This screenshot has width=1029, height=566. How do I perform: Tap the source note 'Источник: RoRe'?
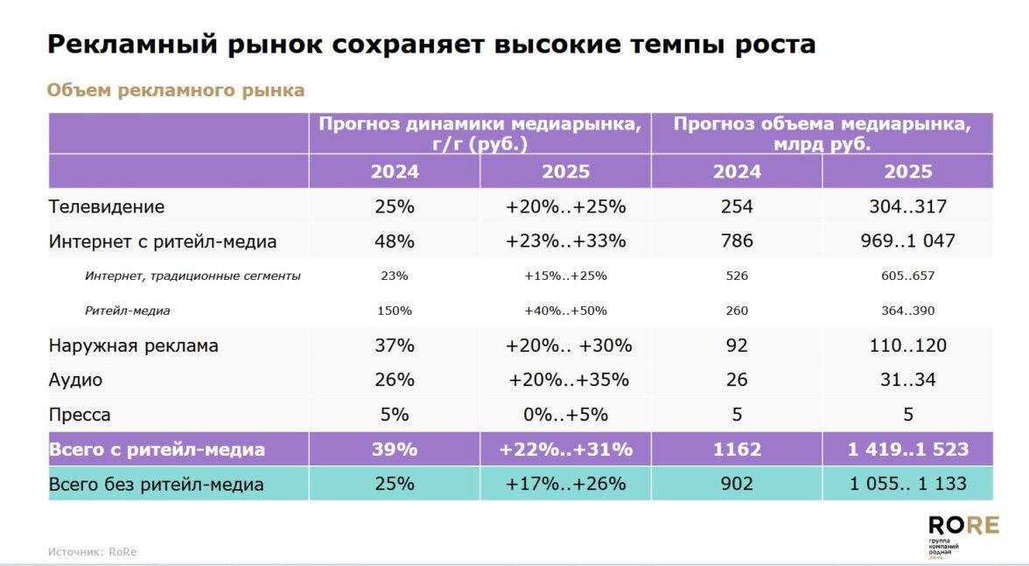92,552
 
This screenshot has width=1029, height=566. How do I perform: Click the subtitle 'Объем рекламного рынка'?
175,90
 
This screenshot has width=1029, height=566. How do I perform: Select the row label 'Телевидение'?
107,207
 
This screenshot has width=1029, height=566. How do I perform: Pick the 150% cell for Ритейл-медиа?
394,311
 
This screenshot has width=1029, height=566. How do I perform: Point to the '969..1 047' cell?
907,241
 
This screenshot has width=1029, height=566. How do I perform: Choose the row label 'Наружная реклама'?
134,346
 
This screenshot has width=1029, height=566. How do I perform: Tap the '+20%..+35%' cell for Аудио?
568,380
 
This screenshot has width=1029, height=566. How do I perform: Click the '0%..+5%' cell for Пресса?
565,415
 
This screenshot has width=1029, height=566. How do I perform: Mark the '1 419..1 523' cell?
907,450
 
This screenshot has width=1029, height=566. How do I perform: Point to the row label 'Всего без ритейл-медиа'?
157,484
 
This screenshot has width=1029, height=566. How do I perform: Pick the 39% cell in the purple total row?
394,450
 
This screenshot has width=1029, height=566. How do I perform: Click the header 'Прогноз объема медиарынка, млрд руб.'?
822,134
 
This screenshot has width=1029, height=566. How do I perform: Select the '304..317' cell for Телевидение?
907,207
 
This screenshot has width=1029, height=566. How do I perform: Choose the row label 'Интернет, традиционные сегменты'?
192,276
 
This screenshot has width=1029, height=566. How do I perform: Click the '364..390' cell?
907,311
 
